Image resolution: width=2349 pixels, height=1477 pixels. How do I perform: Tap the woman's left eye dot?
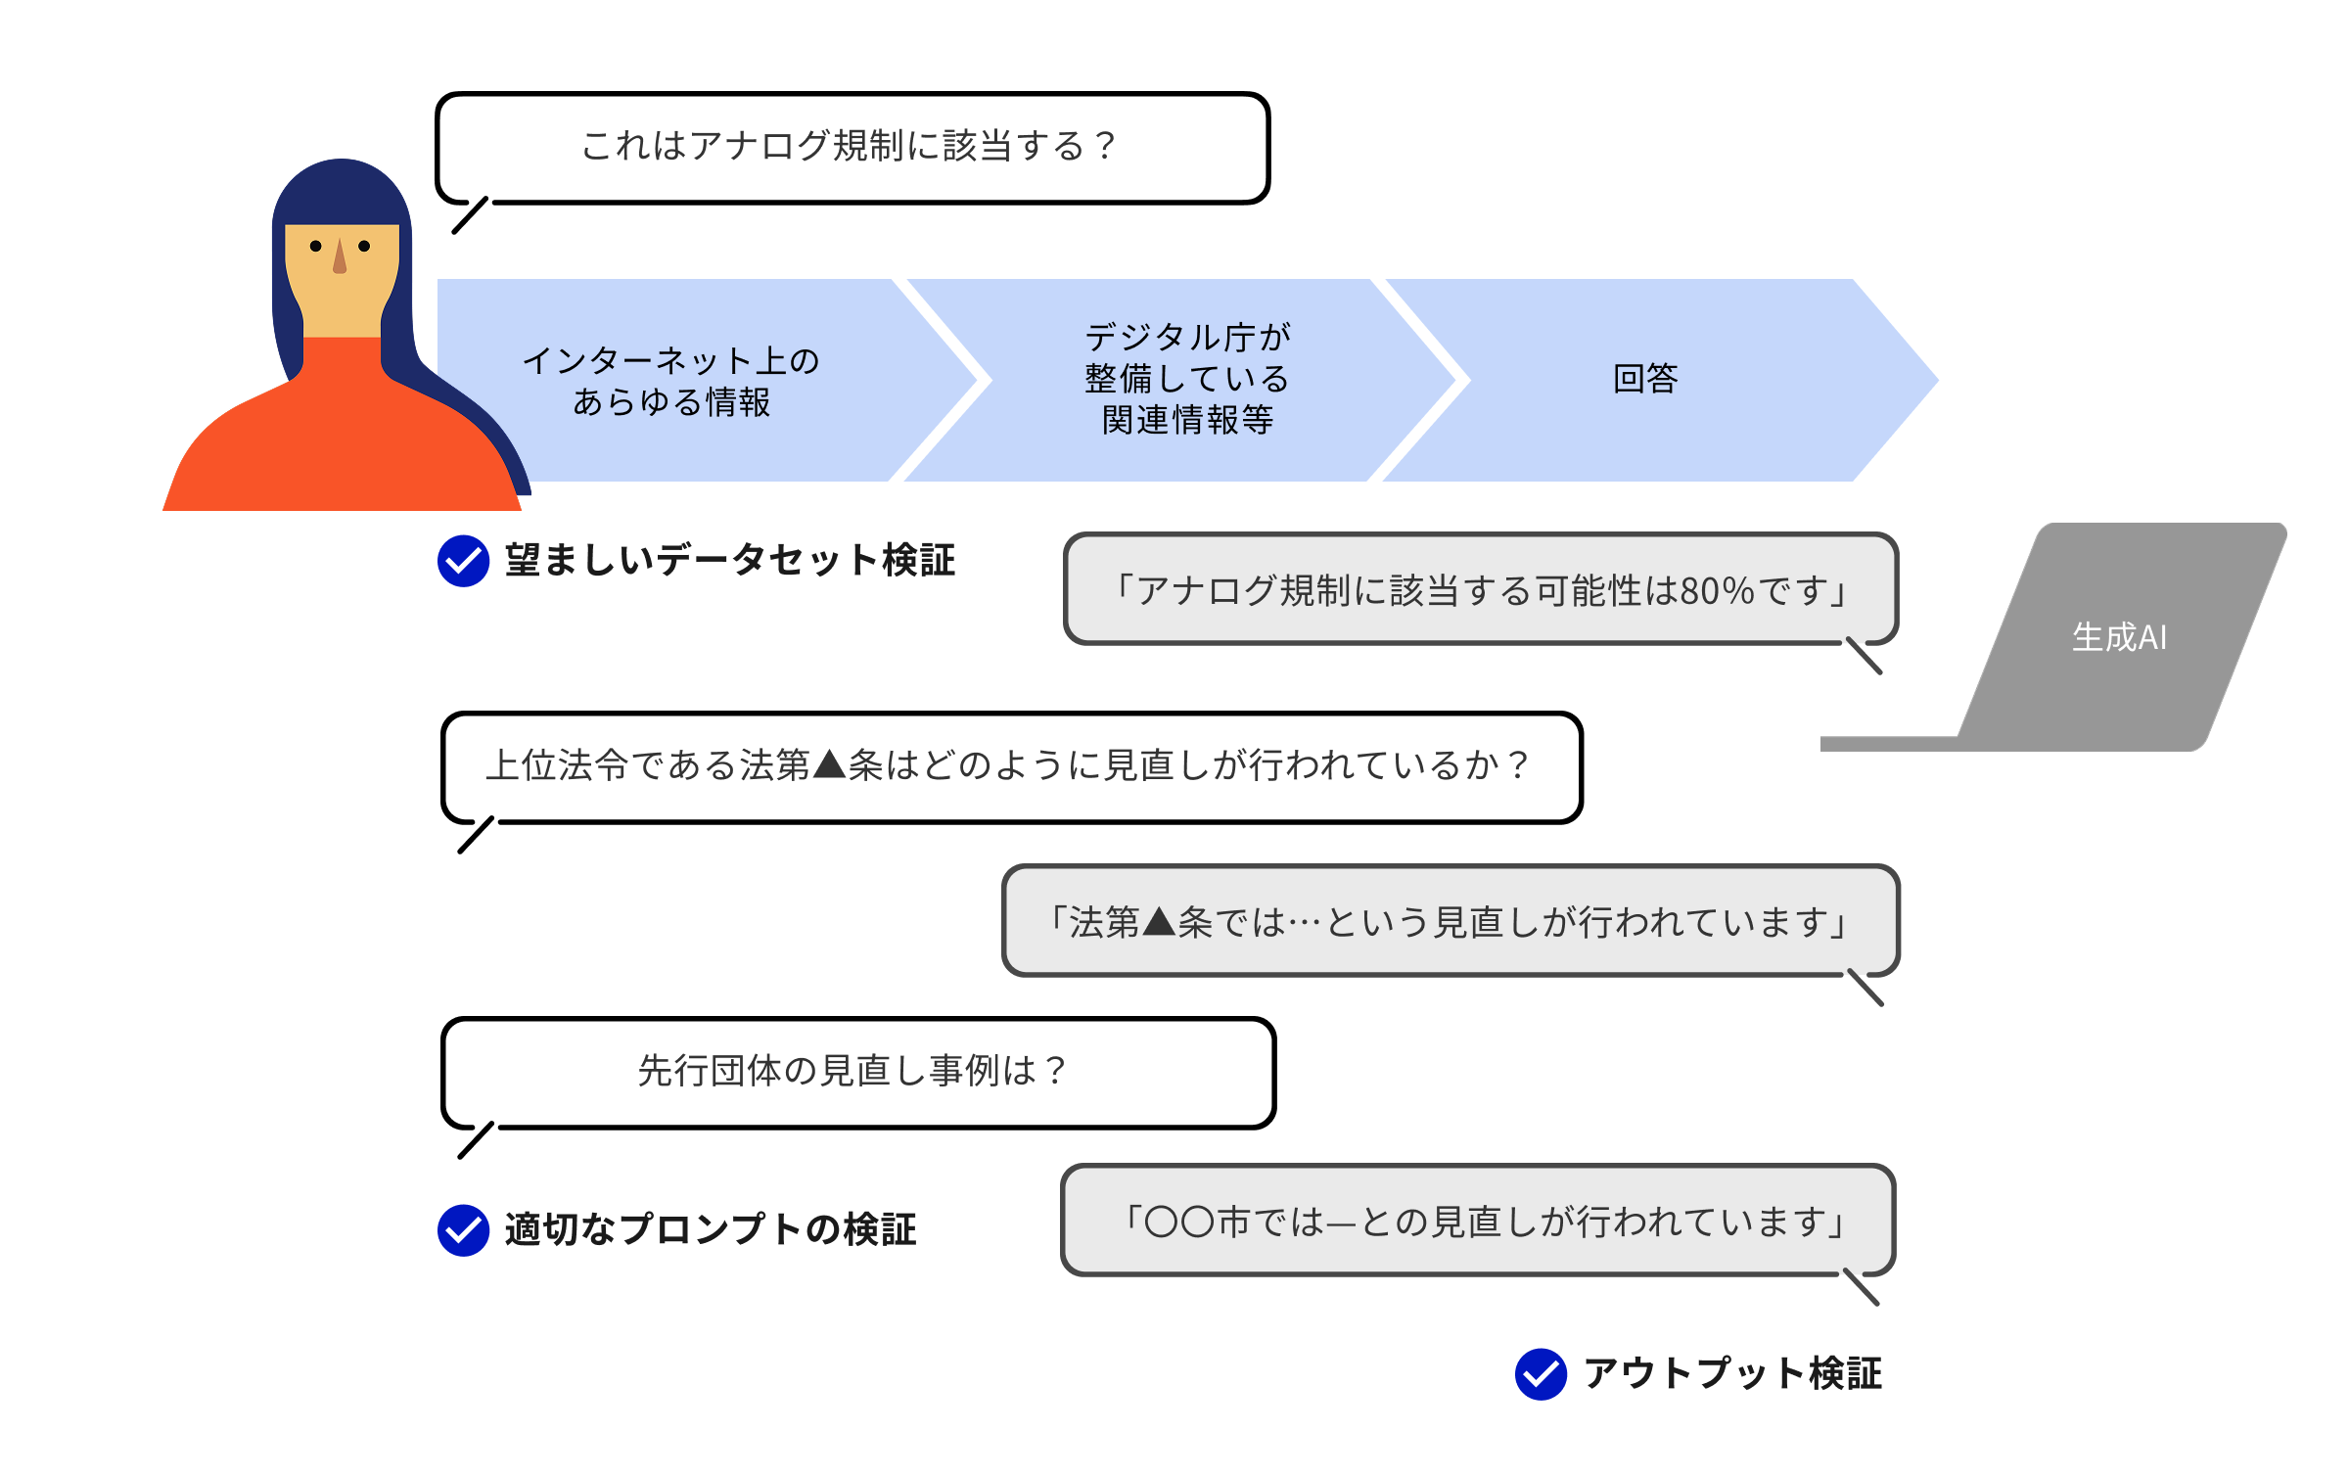(364, 246)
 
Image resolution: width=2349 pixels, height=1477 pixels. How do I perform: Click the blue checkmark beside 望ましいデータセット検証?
(463, 561)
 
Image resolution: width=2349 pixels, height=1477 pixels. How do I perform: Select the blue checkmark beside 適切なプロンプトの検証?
(463, 1230)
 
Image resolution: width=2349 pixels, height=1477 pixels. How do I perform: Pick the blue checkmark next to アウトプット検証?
(1541, 1373)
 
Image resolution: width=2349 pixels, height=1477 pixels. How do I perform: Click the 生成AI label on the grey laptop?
(2119, 637)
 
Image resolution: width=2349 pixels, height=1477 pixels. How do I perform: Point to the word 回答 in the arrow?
(1645, 379)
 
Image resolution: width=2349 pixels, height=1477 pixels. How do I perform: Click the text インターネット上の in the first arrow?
(670, 360)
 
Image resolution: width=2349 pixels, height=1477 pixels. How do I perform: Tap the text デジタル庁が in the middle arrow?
(1187, 337)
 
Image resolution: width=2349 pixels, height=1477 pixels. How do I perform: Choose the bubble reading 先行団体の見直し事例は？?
(852, 1070)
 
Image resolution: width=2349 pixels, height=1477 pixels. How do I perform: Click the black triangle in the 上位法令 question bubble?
(829, 763)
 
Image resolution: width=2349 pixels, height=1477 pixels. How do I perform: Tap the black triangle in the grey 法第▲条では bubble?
(1159, 921)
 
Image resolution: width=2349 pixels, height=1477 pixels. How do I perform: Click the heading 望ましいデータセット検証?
(729, 561)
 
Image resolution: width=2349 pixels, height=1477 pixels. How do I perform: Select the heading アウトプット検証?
(1732, 1373)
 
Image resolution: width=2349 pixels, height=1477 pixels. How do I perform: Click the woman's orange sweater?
(343, 440)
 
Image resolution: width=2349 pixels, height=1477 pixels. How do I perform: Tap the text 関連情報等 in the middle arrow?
(1187, 420)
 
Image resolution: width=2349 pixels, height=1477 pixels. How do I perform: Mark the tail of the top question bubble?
(470, 215)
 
